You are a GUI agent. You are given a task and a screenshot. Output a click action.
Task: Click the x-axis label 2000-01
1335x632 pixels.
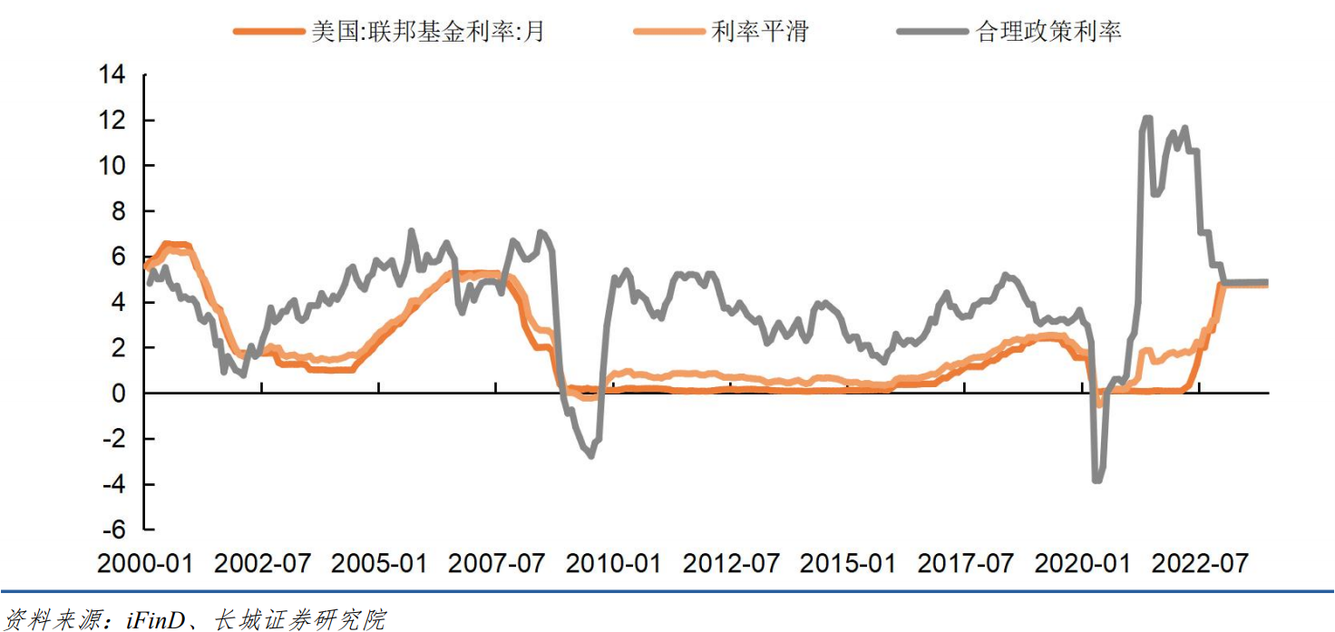(145, 563)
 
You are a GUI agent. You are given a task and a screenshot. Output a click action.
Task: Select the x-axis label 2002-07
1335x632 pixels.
(262, 563)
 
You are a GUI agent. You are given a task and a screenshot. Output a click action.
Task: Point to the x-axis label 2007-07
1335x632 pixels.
(497, 563)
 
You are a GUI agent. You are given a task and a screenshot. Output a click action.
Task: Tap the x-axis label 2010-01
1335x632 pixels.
(614, 563)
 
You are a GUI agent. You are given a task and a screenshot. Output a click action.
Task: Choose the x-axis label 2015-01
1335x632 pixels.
(849, 563)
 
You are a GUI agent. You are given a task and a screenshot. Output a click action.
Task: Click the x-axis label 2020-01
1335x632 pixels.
(1083, 563)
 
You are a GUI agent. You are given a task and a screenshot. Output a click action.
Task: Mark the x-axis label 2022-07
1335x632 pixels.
(1200, 563)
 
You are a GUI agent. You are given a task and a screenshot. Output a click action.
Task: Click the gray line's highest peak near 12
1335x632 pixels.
(1147, 118)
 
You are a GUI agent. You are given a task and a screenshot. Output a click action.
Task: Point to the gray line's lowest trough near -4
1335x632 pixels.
(1097, 481)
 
